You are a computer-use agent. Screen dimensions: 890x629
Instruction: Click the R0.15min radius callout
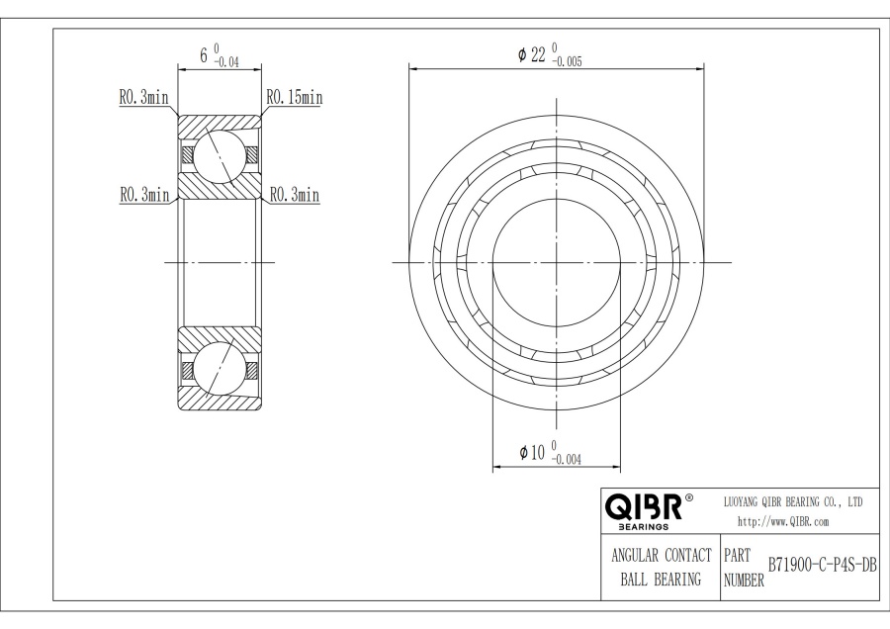pos(295,98)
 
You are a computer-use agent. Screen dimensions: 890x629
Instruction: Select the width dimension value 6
pos(204,55)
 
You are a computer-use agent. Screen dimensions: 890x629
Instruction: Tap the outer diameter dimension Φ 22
pos(531,54)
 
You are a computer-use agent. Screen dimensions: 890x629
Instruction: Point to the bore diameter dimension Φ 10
pos(532,452)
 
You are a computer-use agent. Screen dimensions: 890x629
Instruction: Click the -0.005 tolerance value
pos(567,62)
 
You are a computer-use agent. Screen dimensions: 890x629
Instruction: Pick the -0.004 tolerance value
pos(566,460)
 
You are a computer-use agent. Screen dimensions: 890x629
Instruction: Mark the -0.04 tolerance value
pos(225,62)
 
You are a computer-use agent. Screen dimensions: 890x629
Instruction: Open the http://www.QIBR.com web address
pos(783,522)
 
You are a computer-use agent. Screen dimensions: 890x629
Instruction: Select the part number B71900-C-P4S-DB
pos(823,566)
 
